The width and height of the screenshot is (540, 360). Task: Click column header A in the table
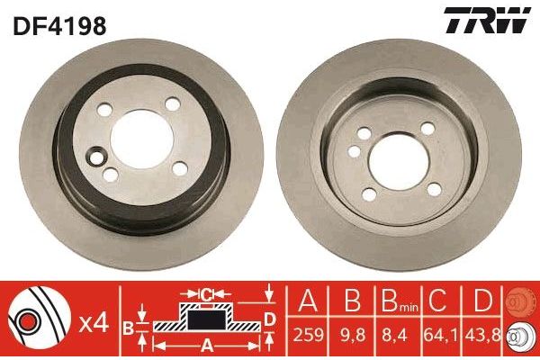pyautogui.click(x=309, y=302)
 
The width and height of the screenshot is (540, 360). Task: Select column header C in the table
pyautogui.click(x=440, y=302)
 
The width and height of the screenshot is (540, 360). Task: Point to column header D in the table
pyautogui.click(x=484, y=302)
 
